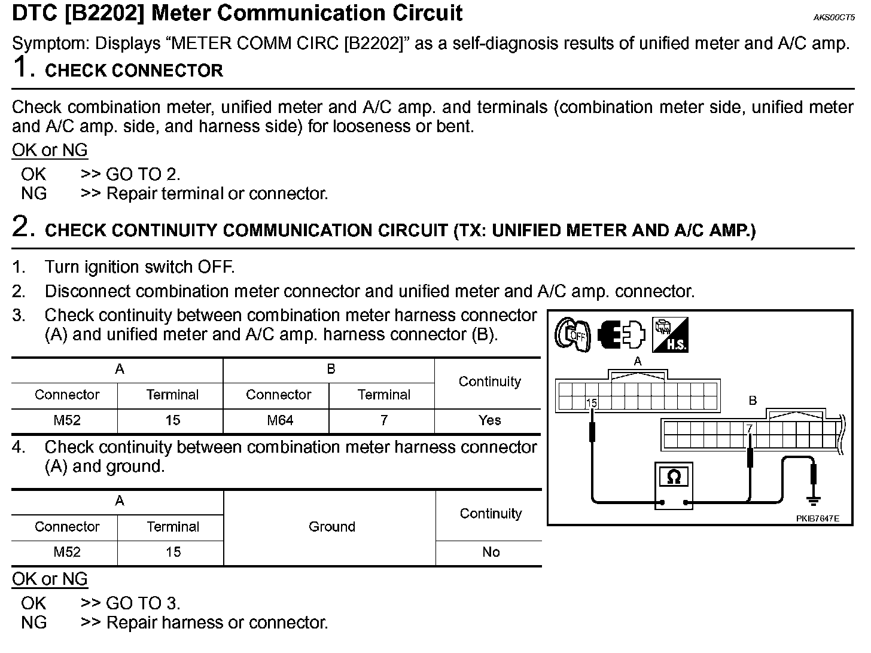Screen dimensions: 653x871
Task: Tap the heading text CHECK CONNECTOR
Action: pyautogui.click(x=133, y=71)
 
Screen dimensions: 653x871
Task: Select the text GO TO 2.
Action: pyautogui.click(x=142, y=174)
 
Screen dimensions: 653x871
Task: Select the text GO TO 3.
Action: pyautogui.click(x=142, y=603)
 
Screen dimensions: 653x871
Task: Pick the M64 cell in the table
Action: pyautogui.click(x=279, y=420)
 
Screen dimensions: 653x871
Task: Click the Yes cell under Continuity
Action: pyautogui.click(x=489, y=420)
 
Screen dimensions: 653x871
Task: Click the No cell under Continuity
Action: pyautogui.click(x=491, y=551)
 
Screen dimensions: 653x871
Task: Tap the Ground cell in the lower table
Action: pyautogui.click(x=332, y=526)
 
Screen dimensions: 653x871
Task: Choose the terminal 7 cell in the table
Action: pyautogui.click(x=383, y=420)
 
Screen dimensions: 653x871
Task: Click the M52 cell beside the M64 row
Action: pyautogui.click(x=66, y=420)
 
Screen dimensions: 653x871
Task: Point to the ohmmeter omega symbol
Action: pyautogui.click(x=674, y=477)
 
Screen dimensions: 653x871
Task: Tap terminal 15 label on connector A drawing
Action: pyautogui.click(x=592, y=403)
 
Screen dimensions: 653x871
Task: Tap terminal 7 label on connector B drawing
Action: pyautogui.click(x=749, y=429)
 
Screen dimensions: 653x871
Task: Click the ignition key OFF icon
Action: pyautogui.click(x=572, y=335)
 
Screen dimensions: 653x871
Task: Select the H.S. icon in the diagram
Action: pyautogui.click(x=670, y=335)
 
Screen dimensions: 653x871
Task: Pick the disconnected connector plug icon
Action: pyautogui.click(x=622, y=335)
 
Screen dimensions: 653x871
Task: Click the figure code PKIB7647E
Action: pyautogui.click(x=817, y=518)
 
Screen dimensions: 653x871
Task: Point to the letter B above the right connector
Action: pyautogui.click(x=753, y=400)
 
